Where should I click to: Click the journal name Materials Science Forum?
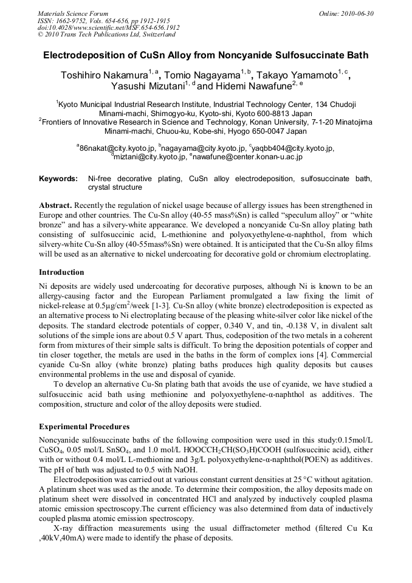click(73, 13)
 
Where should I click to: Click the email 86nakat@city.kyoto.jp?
click(116, 148)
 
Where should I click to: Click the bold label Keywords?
click(58, 179)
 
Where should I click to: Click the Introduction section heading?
click(61, 272)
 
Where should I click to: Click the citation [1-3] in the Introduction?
click(164, 306)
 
